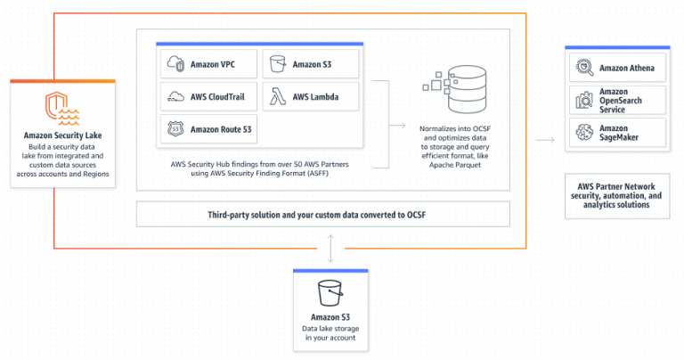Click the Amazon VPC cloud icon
pos(175,64)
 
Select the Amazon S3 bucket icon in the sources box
pos(278,64)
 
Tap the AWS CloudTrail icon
pos(175,96)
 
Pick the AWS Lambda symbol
pos(278,96)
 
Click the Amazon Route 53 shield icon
pos(175,129)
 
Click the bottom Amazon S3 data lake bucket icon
pos(330,291)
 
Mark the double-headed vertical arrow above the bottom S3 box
pos(330,247)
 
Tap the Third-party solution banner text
pos(322,215)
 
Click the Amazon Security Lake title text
pos(62,136)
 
